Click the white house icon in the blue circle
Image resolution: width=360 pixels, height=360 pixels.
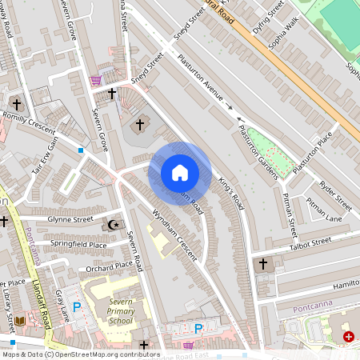pos(179,172)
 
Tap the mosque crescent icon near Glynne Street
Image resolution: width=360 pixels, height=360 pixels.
pos(114,225)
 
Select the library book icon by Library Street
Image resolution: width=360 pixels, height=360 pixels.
pos(20,321)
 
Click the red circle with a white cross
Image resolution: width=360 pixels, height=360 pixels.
pos(349,338)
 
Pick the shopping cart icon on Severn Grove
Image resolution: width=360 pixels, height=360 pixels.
pos(97,80)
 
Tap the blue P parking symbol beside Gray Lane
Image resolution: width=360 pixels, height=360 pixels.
pos(77,306)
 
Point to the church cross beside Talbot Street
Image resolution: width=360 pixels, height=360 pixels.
pos(262,263)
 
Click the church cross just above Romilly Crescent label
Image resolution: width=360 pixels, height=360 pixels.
pos(16,103)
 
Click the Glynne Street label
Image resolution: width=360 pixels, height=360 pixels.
pos(70,218)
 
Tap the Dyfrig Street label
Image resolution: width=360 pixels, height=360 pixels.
pos(267,14)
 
